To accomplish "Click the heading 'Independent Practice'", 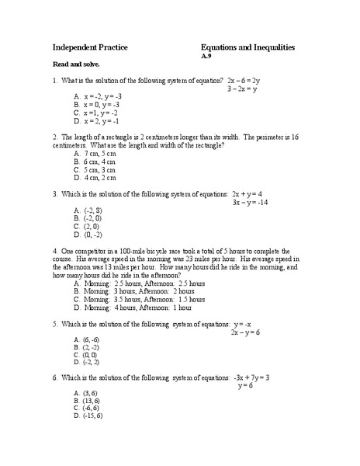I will [x=90, y=47].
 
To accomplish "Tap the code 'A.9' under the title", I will [x=206, y=57].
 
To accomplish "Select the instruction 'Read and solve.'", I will [x=75, y=64].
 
